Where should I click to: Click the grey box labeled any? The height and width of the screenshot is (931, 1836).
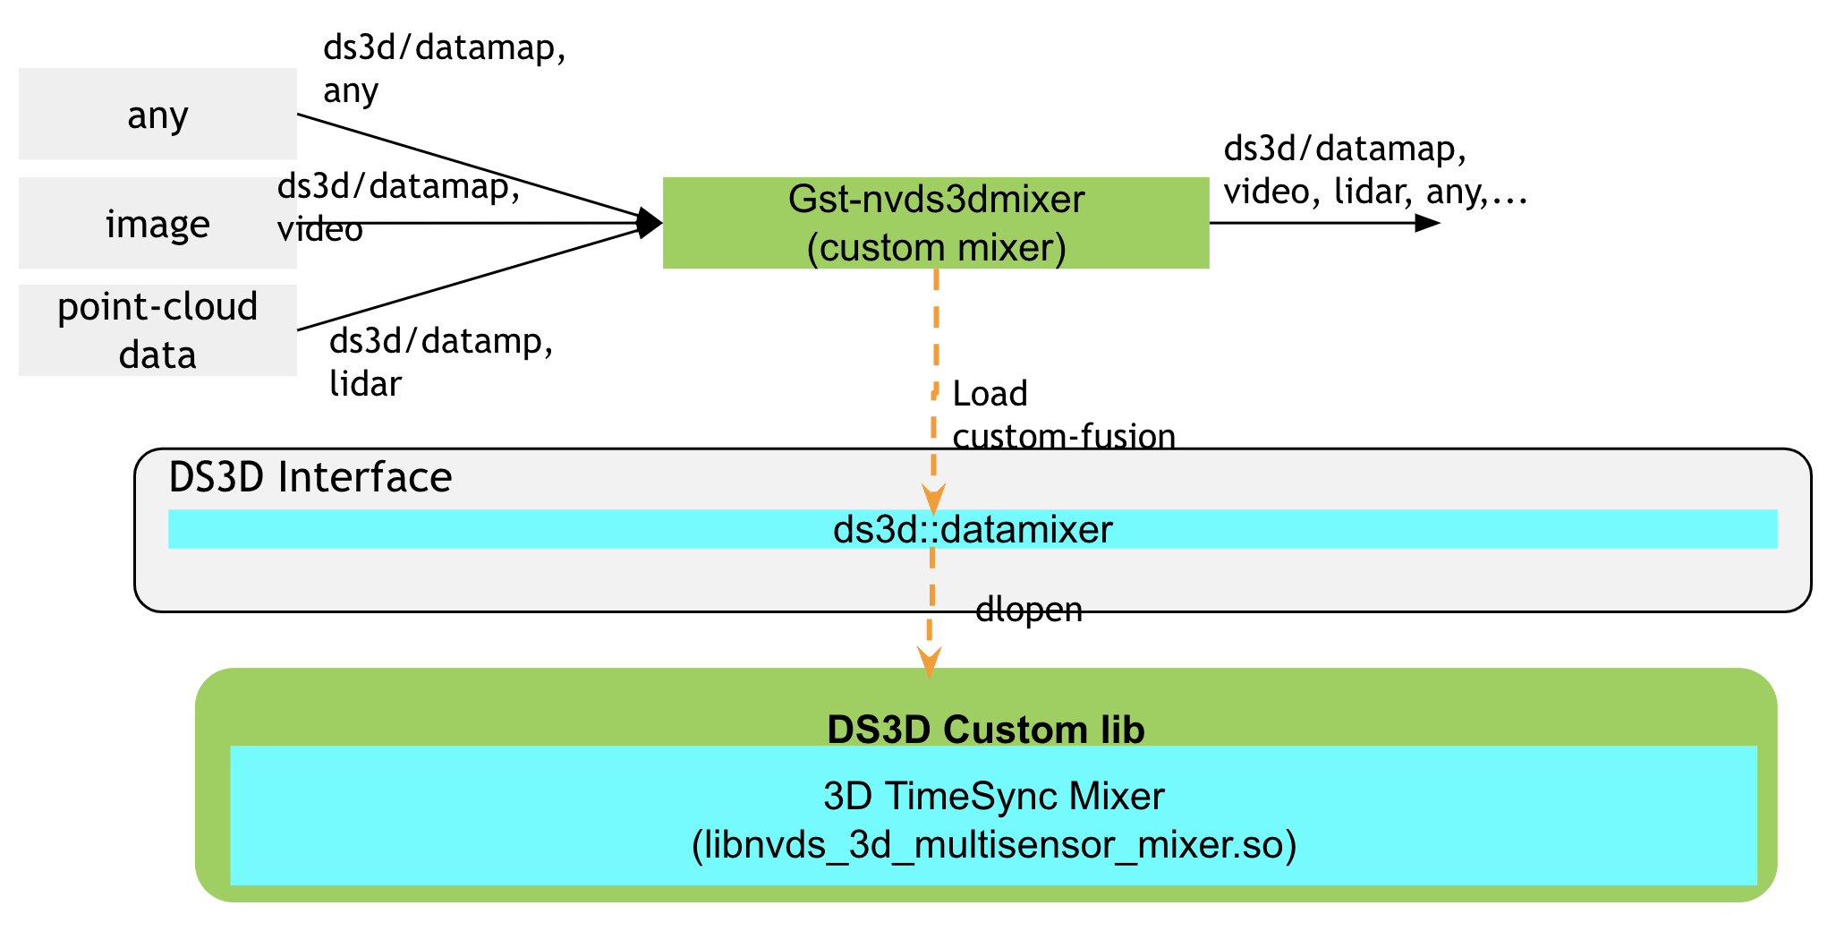pos(157,114)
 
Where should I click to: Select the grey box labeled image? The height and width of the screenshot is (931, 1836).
pos(157,223)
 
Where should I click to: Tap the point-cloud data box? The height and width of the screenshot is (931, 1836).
pos(157,330)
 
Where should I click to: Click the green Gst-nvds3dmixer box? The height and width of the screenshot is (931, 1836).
pos(935,222)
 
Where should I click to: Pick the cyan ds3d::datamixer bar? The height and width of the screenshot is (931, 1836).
pos(972,529)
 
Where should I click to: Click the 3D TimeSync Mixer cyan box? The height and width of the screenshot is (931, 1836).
pos(993,795)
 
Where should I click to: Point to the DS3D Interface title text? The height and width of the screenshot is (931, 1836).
pos(310,477)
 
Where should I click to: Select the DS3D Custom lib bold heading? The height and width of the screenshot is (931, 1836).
pos(985,730)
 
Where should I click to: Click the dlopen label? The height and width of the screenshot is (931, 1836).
pos(1028,610)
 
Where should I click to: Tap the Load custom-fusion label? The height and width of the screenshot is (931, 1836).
pos(1062,414)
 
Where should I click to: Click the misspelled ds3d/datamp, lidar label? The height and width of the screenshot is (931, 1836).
pos(441,362)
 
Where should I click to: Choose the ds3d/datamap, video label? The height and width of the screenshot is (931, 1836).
pos(397,207)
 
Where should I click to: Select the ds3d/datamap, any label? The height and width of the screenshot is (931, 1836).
pos(444,68)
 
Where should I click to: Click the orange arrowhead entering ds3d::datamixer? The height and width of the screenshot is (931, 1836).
pos(933,500)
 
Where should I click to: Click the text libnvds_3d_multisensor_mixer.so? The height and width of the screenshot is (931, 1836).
pos(993,844)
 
